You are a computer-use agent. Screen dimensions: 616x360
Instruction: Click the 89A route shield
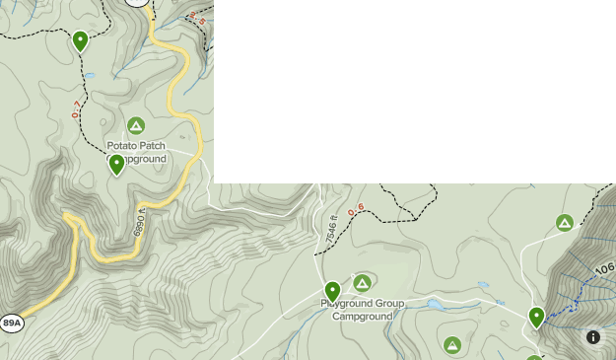tap(12, 323)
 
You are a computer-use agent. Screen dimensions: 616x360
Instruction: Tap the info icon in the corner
tap(593, 337)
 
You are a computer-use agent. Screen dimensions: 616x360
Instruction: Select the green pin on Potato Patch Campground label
tap(116, 164)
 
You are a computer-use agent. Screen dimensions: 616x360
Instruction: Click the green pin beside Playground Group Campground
tap(332, 291)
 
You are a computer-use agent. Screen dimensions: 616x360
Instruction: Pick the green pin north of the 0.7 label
tap(80, 40)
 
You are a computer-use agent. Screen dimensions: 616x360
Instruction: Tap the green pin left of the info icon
tap(536, 317)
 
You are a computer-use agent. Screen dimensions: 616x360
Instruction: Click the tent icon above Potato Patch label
tap(136, 125)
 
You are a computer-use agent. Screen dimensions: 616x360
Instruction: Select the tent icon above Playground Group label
tap(363, 283)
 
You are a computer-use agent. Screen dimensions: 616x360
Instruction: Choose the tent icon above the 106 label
tap(564, 223)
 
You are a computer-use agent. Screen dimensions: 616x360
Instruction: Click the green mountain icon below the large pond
tap(452, 344)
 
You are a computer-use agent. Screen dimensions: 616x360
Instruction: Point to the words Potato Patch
tap(136, 146)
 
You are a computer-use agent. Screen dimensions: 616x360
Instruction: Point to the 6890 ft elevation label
tap(140, 223)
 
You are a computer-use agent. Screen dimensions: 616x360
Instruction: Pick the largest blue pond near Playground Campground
tap(435, 305)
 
